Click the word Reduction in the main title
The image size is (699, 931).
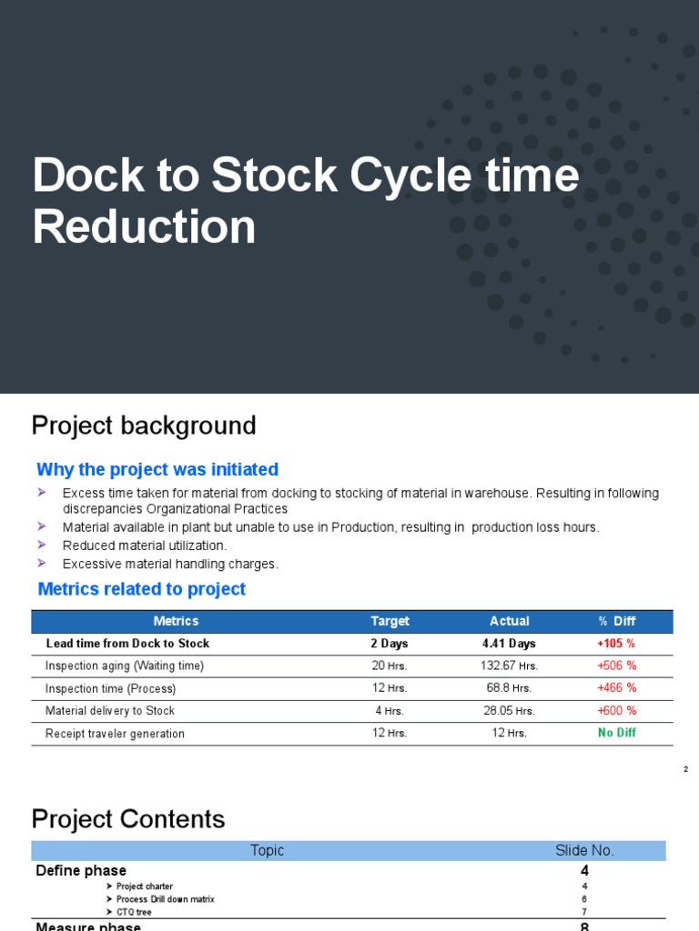144,226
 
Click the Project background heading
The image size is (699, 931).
144,425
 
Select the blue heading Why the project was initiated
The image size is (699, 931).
157,470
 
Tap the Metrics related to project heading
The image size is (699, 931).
141,589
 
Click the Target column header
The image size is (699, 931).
390,621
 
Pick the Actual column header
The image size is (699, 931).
509,621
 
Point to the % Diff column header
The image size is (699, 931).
616,621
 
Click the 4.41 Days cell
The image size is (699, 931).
509,644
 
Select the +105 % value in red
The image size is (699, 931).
616,644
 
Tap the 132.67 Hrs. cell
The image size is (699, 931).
509,666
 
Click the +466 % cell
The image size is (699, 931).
616,688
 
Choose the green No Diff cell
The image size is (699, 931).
616,733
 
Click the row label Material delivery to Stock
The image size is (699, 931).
110,711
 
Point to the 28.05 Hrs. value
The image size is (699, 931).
509,711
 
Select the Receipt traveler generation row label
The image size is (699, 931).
115,734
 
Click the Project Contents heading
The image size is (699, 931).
128,819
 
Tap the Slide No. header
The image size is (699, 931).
584,851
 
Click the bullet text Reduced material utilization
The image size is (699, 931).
145,546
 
